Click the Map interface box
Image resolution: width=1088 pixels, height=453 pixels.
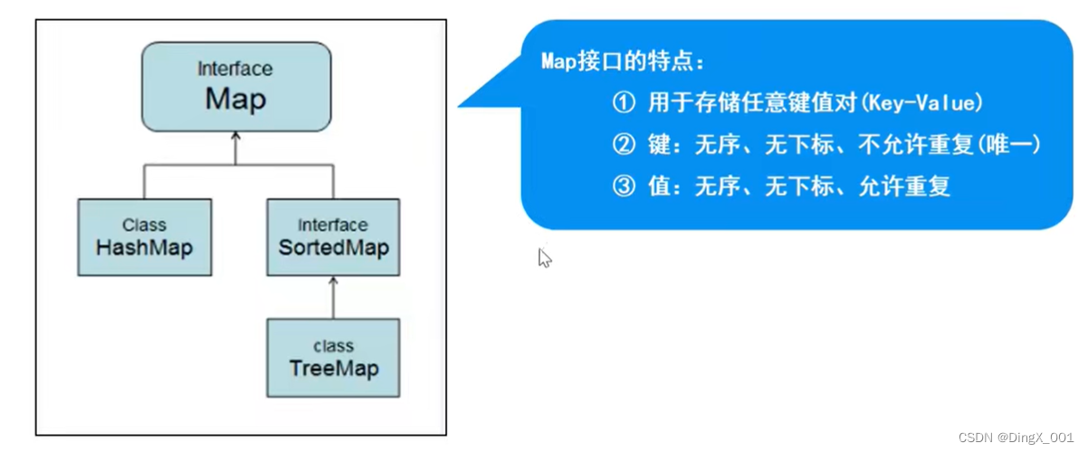(236, 87)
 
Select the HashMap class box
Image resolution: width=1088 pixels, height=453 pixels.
(145, 237)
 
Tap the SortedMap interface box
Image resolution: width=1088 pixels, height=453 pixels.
(333, 237)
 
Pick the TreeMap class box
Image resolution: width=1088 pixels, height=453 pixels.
(333, 358)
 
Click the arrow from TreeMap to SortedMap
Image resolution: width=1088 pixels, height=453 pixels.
(333, 298)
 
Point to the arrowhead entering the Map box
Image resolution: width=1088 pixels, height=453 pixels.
(235, 137)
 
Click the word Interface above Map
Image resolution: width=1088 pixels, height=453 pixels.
(235, 69)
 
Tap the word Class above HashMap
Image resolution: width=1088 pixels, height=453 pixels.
(145, 224)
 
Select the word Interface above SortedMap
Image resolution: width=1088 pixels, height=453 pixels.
(333, 225)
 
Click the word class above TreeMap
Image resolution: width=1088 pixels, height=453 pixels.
(333, 346)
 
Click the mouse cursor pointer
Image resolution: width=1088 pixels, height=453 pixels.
(544, 258)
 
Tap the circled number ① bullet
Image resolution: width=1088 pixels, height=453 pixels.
(625, 103)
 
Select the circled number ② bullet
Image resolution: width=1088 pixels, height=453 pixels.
(625, 145)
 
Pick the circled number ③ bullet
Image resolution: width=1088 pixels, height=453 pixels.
(625, 188)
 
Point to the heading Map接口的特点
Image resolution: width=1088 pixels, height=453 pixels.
(622, 63)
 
